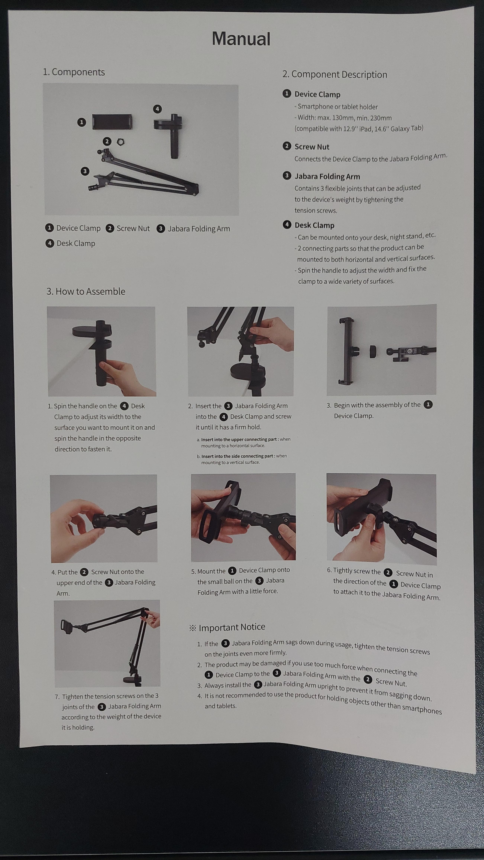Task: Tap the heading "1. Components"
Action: click(74, 72)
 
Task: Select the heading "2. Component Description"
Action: click(335, 74)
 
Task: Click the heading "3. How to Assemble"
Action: click(86, 291)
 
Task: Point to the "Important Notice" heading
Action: click(232, 627)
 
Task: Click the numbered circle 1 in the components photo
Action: click(81, 122)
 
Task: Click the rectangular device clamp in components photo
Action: click(112, 122)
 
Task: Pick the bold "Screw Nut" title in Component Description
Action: click(312, 147)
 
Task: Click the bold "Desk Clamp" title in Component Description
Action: click(314, 225)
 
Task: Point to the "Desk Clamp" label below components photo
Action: click(76, 243)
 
